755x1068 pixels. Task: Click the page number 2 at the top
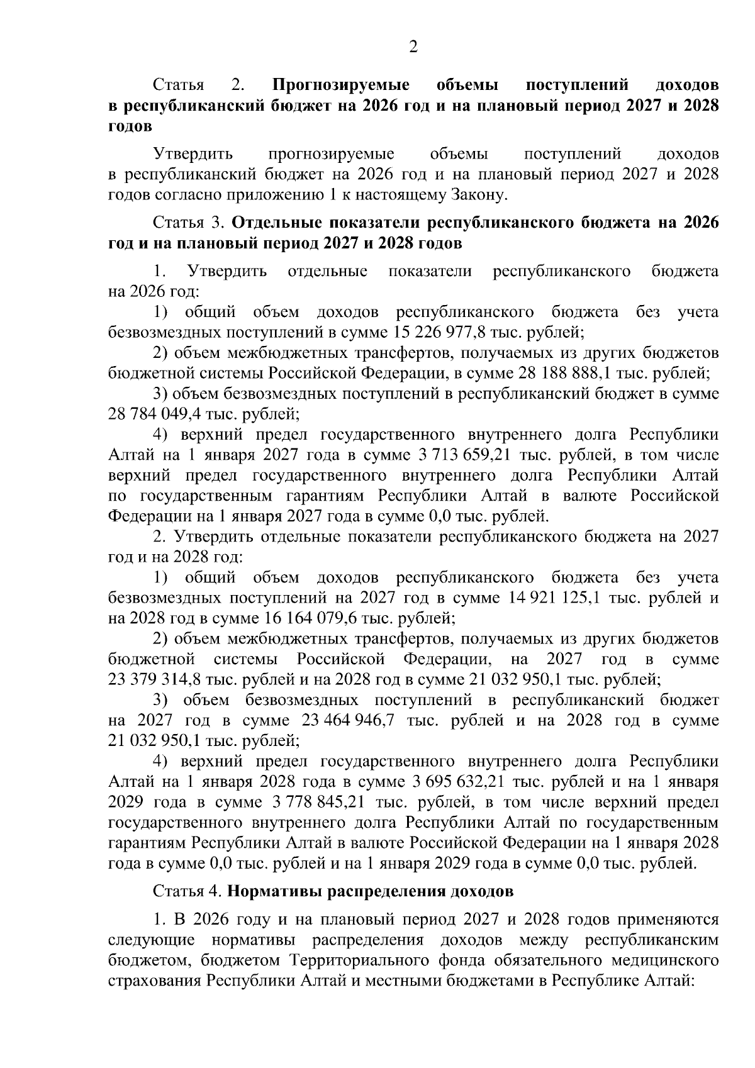coord(413,47)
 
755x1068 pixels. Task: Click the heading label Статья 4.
coord(187,892)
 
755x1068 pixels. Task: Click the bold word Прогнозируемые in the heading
coord(341,85)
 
